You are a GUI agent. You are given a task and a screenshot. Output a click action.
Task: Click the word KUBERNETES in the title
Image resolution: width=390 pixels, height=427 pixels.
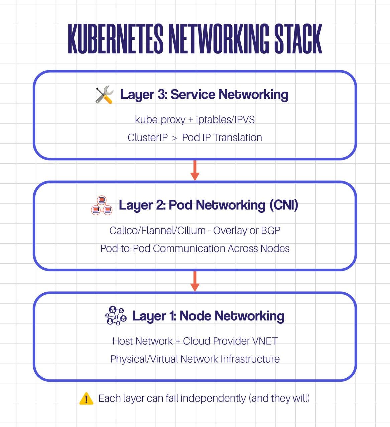115,39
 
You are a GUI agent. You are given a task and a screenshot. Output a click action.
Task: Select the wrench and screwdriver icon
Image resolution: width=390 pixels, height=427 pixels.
104,95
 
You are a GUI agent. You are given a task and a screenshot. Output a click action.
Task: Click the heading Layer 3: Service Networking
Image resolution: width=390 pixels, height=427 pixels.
204,95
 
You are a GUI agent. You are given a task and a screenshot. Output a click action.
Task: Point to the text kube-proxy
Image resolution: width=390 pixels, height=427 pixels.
160,119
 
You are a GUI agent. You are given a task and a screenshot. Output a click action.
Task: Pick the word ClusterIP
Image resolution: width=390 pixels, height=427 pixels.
148,137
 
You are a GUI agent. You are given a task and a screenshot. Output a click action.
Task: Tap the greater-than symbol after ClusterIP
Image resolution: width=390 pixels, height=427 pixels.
175,138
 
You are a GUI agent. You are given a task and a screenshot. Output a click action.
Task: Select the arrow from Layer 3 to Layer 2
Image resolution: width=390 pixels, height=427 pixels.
195,170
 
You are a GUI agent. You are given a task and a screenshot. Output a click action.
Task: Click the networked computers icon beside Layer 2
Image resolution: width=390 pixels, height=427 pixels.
102,205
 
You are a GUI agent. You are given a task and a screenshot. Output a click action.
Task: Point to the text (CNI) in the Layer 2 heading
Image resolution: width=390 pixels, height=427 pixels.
284,205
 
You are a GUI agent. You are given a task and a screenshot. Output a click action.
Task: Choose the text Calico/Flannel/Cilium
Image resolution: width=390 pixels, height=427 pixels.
157,230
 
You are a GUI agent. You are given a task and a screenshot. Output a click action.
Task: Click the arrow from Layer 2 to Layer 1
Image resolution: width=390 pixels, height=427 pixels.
195,281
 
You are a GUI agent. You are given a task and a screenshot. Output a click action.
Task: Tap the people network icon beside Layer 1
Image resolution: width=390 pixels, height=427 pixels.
116,316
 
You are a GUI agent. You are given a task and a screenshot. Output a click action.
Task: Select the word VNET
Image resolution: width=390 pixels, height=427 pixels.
265,341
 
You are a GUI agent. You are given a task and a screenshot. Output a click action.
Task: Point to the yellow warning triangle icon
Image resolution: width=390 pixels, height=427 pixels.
86,399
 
